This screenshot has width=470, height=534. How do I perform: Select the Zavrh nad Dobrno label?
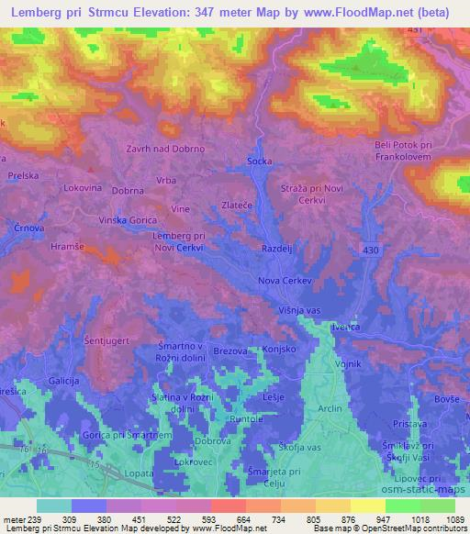165,148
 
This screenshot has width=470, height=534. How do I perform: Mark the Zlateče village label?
239,206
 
